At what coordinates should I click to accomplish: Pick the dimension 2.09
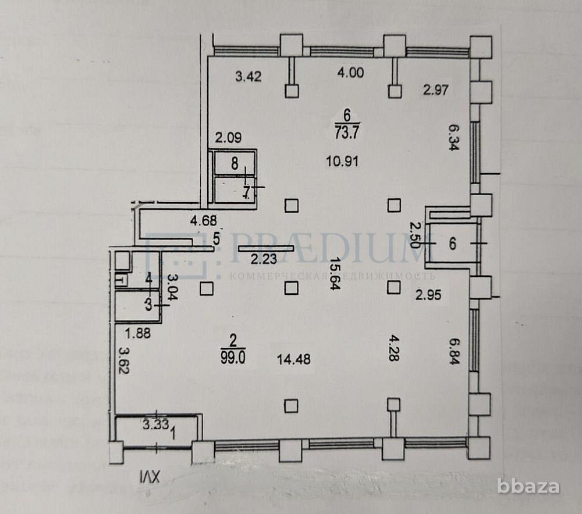(x=228, y=138)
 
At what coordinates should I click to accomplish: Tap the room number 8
(x=235, y=164)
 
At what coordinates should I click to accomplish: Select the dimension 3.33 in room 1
(x=154, y=424)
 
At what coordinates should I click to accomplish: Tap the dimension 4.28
(x=394, y=348)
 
